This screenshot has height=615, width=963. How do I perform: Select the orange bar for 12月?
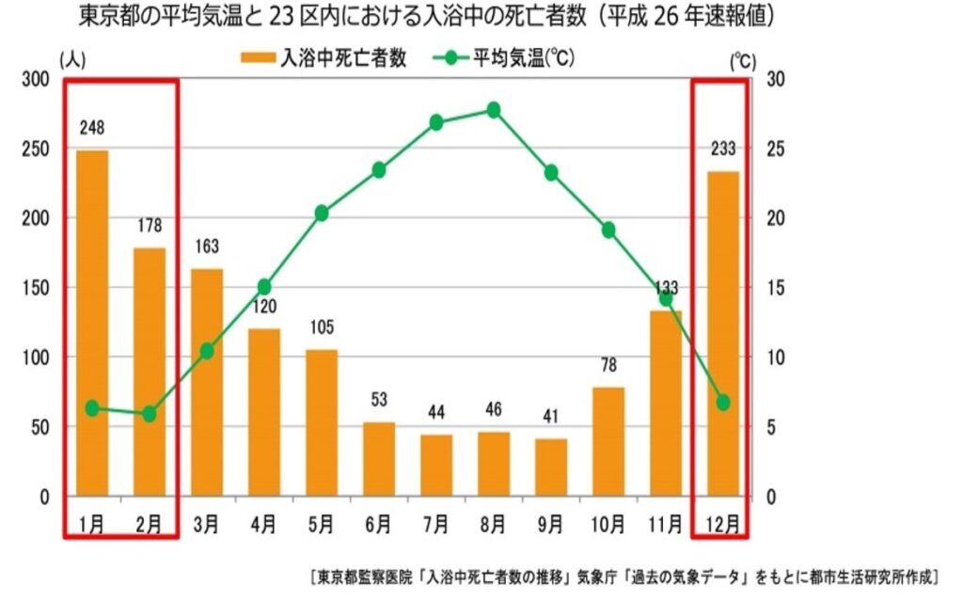pyautogui.click(x=722, y=333)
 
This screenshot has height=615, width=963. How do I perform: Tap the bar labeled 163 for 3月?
pyautogui.click(x=207, y=382)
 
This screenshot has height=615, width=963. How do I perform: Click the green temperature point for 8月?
pyautogui.click(x=494, y=110)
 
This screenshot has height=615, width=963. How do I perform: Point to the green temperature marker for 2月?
pyautogui.click(x=149, y=414)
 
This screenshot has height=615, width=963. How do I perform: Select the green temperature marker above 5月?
pyautogui.click(x=322, y=213)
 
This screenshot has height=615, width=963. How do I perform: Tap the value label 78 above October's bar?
pyautogui.click(x=608, y=365)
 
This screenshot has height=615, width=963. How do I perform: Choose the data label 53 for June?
pyautogui.click(x=379, y=400)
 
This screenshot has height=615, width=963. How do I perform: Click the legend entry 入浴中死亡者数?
pyautogui.click(x=324, y=58)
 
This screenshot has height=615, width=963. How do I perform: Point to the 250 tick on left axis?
pyautogui.click(x=37, y=150)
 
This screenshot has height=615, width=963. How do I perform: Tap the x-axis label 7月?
pyautogui.click(x=436, y=525)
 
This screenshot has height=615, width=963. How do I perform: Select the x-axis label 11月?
pyautogui.click(x=665, y=525)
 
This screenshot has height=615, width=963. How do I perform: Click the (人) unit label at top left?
pyautogui.click(x=72, y=58)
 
